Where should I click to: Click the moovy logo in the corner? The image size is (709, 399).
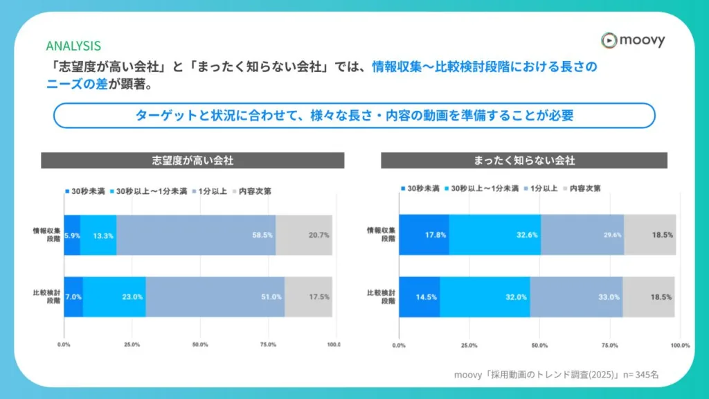pyautogui.click(x=633, y=40)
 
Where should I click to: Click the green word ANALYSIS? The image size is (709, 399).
pyautogui.click(x=73, y=46)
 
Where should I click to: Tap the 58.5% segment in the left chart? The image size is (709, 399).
pyautogui.click(x=196, y=235)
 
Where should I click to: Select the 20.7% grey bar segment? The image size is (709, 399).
pyautogui.click(x=304, y=235)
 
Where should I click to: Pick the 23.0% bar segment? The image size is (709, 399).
pyautogui.click(x=114, y=296)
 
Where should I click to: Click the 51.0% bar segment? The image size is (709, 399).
pyautogui.click(x=215, y=296)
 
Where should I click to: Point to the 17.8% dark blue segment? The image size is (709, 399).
pyautogui.click(x=424, y=235)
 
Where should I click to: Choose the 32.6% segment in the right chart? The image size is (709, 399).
pyautogui.click(x=494, y=235)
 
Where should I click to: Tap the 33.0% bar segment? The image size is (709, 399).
pyautogui.click(x=576, y=296)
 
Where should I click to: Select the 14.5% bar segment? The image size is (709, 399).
pyautogui.click(x=420, y=296)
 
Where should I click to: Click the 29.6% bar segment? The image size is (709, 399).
pyautogui.click(x=582, y=235)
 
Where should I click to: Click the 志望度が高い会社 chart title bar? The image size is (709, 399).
pyautogui.click(x=192, y=160)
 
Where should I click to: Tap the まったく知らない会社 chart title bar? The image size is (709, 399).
pyautogui.click(x=524, y=160)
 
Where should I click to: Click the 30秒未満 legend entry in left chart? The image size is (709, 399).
pyautogui.click(x=84, y=191)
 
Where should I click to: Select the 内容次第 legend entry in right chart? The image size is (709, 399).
pyautogui.click(x=582, y=188)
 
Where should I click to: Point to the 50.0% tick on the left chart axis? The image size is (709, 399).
pyautogui.click(x=199, y=344)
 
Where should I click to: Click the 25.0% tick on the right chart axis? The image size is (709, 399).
pyautogui.click(x=469, y=344)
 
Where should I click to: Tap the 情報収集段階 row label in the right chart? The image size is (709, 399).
pyautogui.click(x=382, y=235)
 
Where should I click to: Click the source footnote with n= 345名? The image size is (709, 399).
pyautogui.click(x=556, y=374)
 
